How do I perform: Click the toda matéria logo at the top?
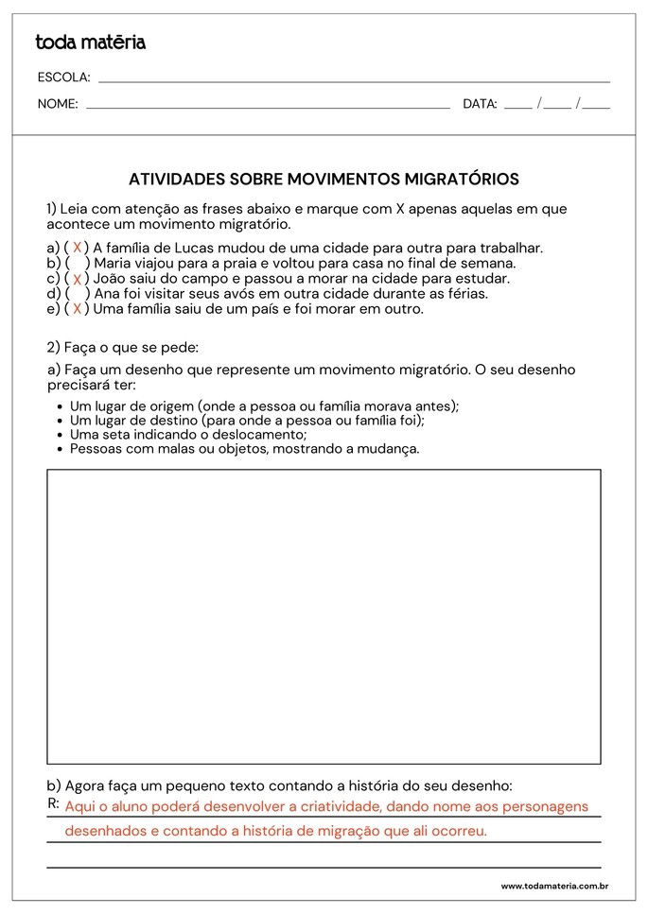pos(90,43)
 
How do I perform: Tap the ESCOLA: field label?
pos(63,78)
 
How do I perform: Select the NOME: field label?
pos(58,104)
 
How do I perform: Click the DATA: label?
pos(480,104)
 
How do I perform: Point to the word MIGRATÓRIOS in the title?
pos(462,179)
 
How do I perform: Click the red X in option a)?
pos(77,248)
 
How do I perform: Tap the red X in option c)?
pos(77,279)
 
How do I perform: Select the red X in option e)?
pos(77,309)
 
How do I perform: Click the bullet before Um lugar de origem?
pos(60,406)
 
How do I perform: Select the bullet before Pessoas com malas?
pos(60,449)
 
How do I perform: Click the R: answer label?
pos(53,803)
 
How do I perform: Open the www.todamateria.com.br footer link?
pos(553,887)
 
